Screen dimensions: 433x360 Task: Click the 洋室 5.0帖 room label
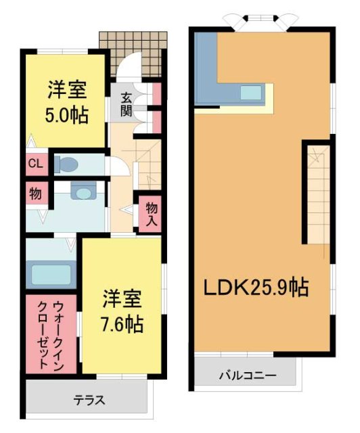tap(67, 101)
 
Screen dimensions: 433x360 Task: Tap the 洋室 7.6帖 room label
tap(122, 311)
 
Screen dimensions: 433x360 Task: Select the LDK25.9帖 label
tap(257, 288)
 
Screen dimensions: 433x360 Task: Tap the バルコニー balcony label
tap(245, 374)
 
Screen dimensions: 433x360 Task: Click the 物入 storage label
tap(151, 213)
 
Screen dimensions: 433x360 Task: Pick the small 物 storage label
tap(35, 193)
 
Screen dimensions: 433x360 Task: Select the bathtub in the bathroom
tap(51, 274)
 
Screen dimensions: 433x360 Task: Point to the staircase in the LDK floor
tap(315, 196)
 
